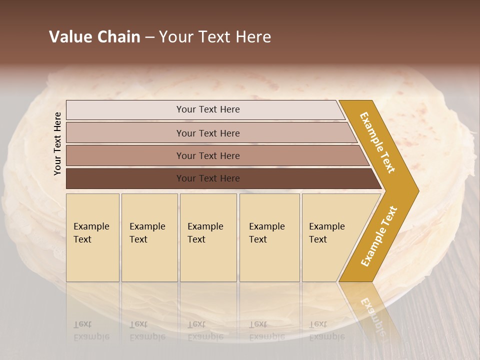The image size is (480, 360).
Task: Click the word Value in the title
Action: pyautogui.click(x=70, y=37)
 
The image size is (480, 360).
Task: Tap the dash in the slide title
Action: pyautogui.click(x=149, y=37)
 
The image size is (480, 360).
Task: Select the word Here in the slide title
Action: pyautogui.click(x=252, y=37)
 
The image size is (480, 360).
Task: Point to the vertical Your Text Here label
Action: pyautogui.click(x=57, y=143)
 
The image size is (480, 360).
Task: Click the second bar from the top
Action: pyautogui.click(x=207, y=133)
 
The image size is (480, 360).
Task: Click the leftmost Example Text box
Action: pyautogui.click(x=92, y=237)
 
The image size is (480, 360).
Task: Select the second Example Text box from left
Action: pyautogui.click(x=149, y=237)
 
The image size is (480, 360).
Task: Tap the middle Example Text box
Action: pyautogui.click(x=208, y=237)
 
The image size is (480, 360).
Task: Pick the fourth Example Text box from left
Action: pyautogui.click(x=269, y=237)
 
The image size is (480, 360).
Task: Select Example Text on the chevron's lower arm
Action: pyautogui.click(x=379, y=236)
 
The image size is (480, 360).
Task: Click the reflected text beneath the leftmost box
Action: pyautogui.click(x=91, y=330)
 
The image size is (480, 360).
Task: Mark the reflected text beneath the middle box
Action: pyautogui.click(x=205, y=330)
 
